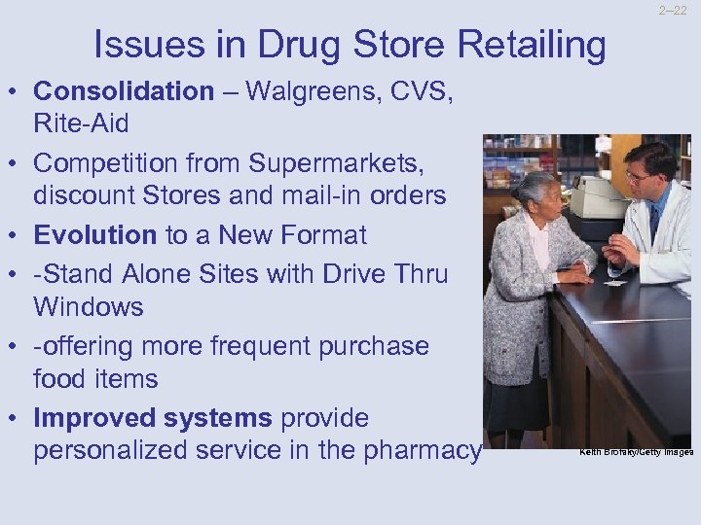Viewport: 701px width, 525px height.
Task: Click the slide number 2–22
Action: (x=672, y=11)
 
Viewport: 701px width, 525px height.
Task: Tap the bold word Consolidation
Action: (x=124, y=91)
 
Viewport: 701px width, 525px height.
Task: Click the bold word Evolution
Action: (x=94, y=235)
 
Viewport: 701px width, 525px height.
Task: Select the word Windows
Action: (x=89, y=307)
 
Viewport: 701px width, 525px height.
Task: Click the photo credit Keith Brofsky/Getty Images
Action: (x=636, y=452)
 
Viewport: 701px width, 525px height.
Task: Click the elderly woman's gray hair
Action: (x=537, y=185)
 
